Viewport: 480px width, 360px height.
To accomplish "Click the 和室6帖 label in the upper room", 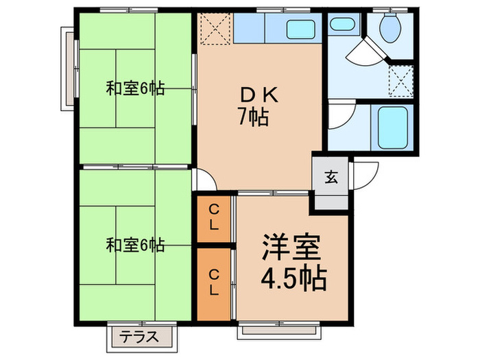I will click(x=134, y=88).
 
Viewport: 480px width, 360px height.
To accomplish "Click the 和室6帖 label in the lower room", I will click(x=134, y=245).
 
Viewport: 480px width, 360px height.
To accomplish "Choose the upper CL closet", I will click(x=215, y=217).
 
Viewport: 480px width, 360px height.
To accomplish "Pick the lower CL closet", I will click(x=215, y=282).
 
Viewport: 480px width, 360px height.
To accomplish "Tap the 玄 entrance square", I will click(x=331, y=177).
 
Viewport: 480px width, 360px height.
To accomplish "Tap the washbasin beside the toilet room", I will click(x=340, y=25).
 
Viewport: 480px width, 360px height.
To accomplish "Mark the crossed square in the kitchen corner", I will click(x=215, y=29).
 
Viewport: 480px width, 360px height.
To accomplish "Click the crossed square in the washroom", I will click(x=400, y=77).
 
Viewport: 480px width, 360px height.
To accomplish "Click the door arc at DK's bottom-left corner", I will click(x=206, y=180).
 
